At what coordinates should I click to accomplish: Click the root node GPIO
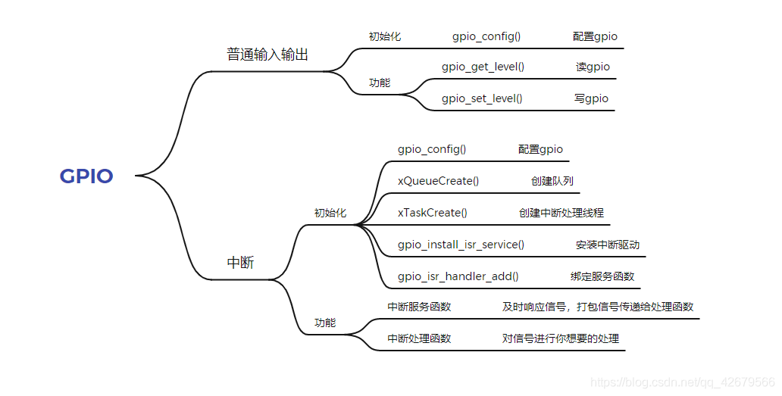[x=86, y=176]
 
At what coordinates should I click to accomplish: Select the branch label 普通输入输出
[x=267, y=55]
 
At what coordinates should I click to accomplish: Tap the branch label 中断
[x=241, y=263]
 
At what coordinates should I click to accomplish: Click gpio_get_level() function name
[x=483, y=67]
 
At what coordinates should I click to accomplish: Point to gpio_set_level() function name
[x=482, y=98]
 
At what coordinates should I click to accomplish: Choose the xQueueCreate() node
[x=438, y=181]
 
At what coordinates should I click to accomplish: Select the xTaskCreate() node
[x=432, y=213]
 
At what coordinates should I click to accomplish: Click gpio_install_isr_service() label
[x=461, y=245]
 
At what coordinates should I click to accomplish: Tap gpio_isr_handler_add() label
[x=458, y=276]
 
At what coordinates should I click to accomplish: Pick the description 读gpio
[x=593, y=67]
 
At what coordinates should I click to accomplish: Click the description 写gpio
[x=591, y=98]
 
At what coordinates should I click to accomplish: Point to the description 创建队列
[x=552, y=181]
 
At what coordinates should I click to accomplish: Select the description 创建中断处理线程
[x=561, y=213]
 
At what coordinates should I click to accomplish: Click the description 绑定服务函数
[x=602, y=276]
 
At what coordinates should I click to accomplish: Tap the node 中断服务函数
[x=419, y=307]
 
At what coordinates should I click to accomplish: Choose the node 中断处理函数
[x=419, y=338]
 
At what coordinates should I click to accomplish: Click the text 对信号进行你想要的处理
[x=560, y=338]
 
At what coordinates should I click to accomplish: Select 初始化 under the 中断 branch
[x=330, y=213]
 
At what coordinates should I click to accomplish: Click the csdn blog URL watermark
[x=682, y=382]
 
